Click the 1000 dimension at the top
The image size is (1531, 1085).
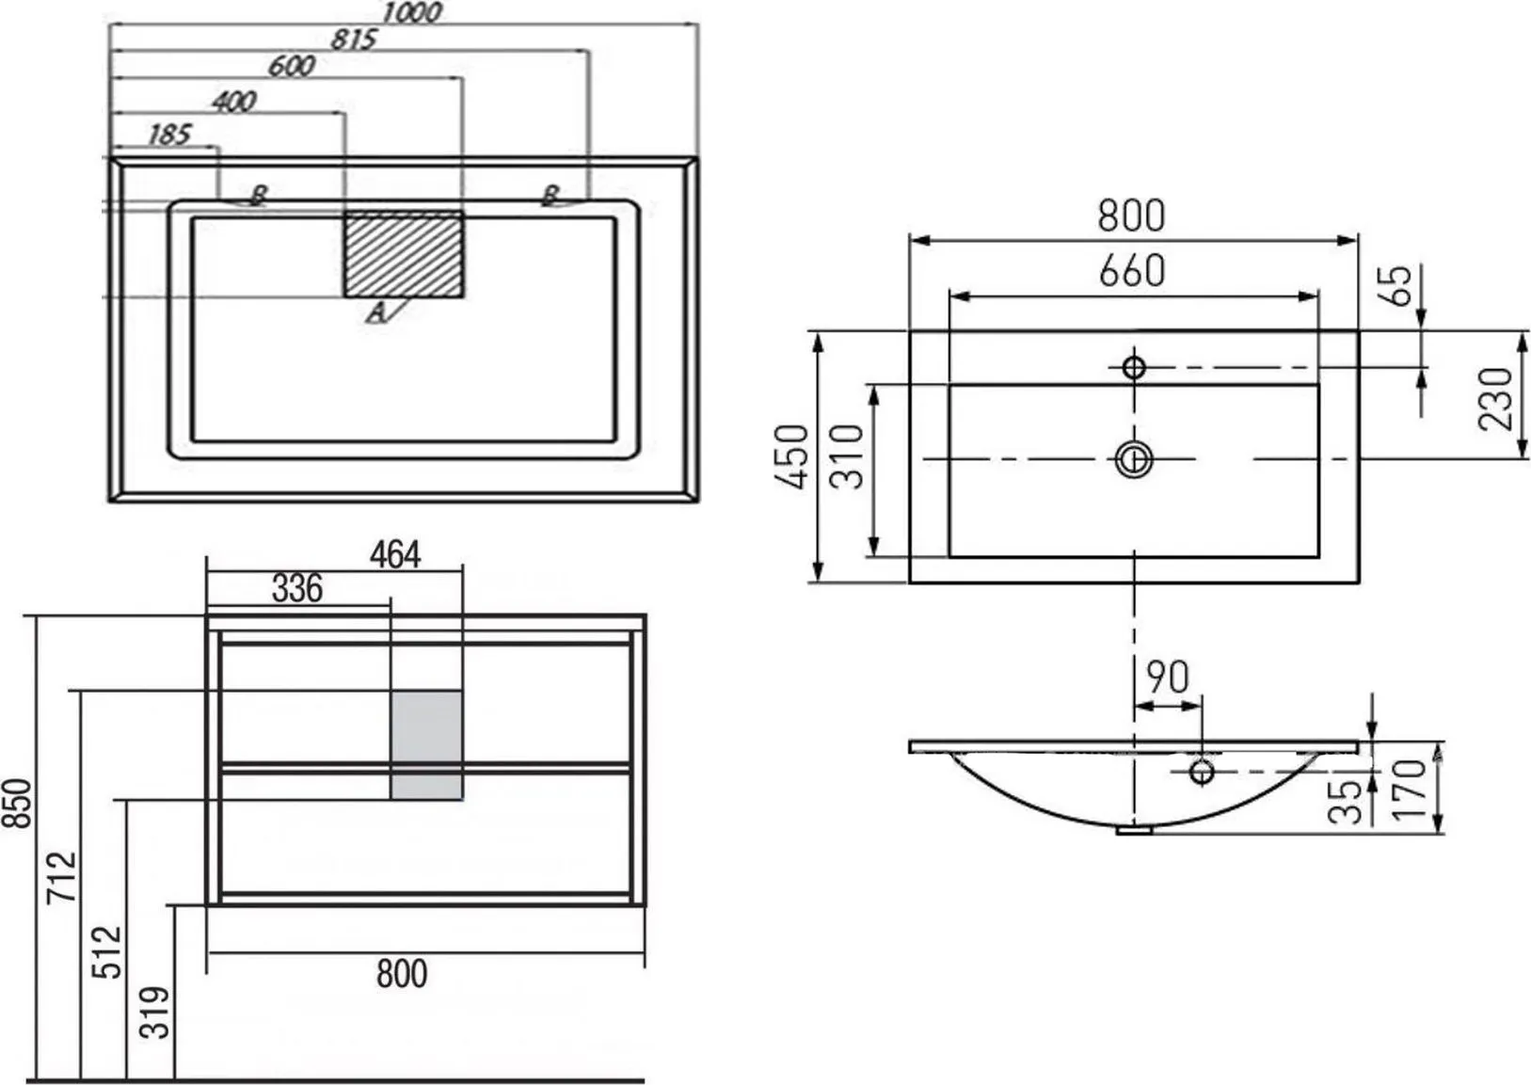coord(411,12)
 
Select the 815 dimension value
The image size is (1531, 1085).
coord(354,40)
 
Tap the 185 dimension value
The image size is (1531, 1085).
coord(169,135)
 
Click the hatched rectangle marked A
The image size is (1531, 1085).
coord(404,254)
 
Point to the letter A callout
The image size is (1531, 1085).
coord(376,312)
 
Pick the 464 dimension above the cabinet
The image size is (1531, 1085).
coord(395,554)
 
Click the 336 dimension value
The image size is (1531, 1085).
coord(297,589)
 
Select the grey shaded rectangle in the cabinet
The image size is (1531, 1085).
coord(426,744)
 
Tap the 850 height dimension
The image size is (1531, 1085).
coord(16,804)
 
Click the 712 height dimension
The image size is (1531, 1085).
coord(62,878)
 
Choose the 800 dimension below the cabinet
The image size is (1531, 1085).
coord(402,974)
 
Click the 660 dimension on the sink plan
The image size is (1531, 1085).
coord(1133,271)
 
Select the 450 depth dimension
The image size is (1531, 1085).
coord(792,456)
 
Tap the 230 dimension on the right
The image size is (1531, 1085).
coord(1495,399)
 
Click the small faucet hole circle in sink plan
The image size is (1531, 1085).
coord(1134,367)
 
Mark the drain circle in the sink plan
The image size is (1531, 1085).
coord(1134,459)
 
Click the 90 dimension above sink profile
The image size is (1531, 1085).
coord(1168,678)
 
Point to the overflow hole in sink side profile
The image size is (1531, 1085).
coord(1202,772)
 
